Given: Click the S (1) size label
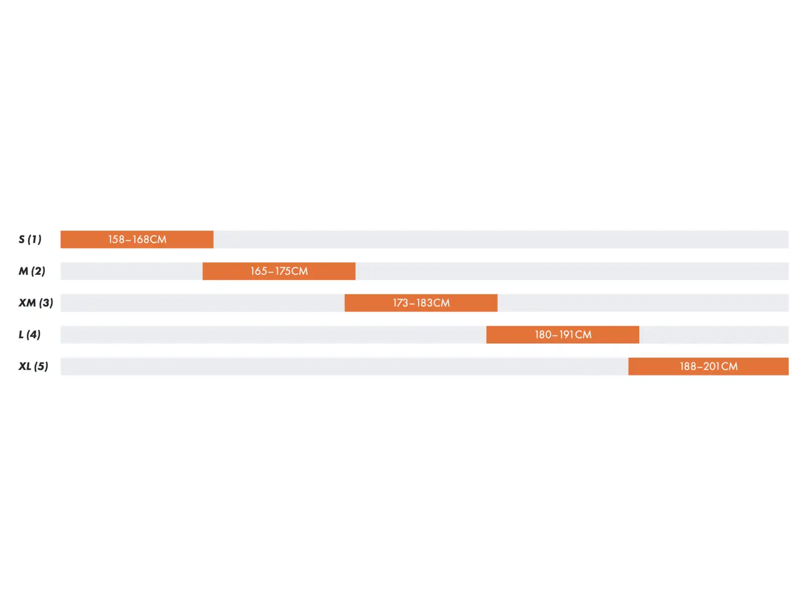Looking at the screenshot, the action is pyautogui.click(x=30, y=240).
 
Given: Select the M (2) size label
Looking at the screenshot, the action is pyautogui.click(x=32, y=271).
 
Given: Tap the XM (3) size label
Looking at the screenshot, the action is pyautogui.click(x=36, y=303).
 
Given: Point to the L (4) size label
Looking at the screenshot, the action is pyautogui.click(x=30, y=335).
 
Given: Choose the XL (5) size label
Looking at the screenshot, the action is pyautogui.click(x=33, y=367).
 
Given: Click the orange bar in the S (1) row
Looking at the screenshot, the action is pyautogui.click(x=137, y=240).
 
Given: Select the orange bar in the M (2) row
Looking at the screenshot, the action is pyautogui.click(x=279, y=272).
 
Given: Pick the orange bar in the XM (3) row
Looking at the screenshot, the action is pyautogui.click(x=421, y=304).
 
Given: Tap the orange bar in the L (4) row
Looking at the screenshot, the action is pyautogui.click(x=563, y=335).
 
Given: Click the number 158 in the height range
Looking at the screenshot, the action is pyautogui.click(x=117, y=240).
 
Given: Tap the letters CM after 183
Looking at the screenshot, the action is pyautogui.click(x=441, y=304).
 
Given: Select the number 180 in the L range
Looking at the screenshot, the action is pyautogui.click(x=543, y=335).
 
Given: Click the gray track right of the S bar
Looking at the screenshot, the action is pyautogui.click(x=501, y=240).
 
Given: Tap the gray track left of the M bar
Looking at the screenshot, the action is pyautogui.click(x=132, y=272).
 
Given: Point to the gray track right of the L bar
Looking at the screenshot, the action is pyautogui.click(x=714, y=335).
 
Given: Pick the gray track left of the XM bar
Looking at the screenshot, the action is pyautogui.click(x=203, y=304).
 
